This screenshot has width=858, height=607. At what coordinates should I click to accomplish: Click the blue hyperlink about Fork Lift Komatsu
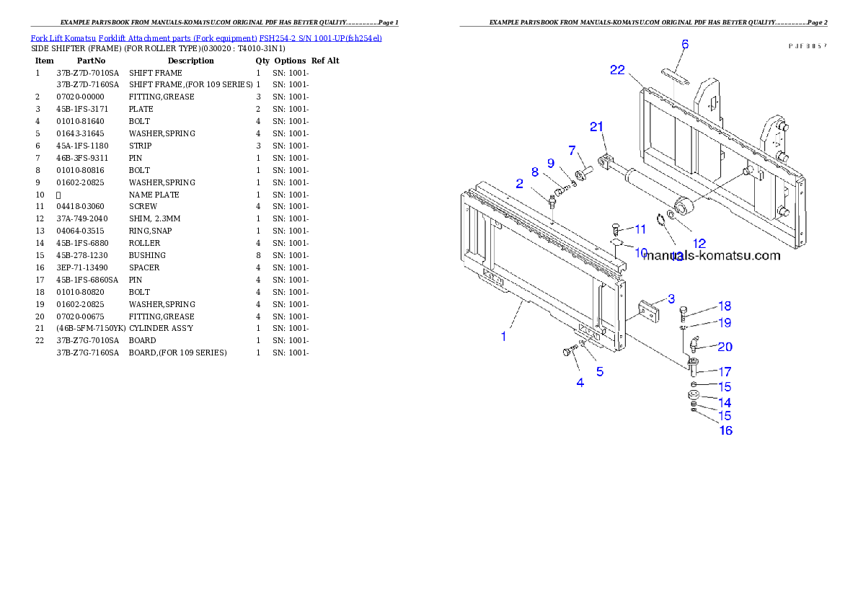click(206, 37)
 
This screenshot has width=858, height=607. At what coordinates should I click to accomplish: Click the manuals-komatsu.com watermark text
click(712, 256)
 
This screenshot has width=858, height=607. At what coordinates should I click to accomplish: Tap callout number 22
click(617, 69)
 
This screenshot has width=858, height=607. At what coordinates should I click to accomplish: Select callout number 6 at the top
click(685, 45)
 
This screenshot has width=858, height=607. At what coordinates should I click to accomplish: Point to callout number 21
click(596, 127)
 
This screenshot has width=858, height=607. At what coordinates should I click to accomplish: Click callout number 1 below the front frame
click(504, 336)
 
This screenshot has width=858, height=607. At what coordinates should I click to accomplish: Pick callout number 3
click(671, 298)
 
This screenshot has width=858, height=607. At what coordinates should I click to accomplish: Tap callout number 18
click(724, 306)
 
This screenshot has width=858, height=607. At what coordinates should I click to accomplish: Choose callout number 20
click(725, 347)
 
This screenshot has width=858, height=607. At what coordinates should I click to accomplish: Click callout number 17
click(724, 372)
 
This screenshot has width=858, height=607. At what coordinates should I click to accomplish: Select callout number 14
click(724, 403)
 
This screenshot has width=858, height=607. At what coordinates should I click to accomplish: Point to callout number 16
click(725, 430)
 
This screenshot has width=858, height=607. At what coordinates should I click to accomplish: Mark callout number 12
click(699, 243)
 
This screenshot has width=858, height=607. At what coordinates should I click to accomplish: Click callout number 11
click(640, 229)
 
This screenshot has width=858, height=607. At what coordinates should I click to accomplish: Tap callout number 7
click(572, 150)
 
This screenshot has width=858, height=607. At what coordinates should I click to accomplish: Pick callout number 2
click(518, 184)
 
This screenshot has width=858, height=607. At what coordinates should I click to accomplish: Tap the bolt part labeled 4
click(567, 352)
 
